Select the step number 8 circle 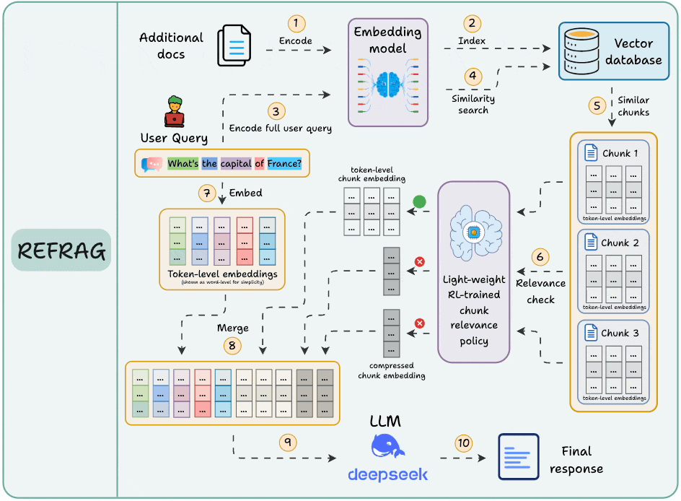coord(232,346)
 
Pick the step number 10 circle coord(463,442)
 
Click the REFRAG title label coord(62,250)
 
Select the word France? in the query coord(283,163)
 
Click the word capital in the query coord(235,163)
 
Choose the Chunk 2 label coord(620,243)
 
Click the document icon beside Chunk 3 coord(590,334)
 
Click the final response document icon coord(518,456)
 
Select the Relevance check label coord(541,291)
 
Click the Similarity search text coord(473,104)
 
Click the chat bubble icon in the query coord(152,164)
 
